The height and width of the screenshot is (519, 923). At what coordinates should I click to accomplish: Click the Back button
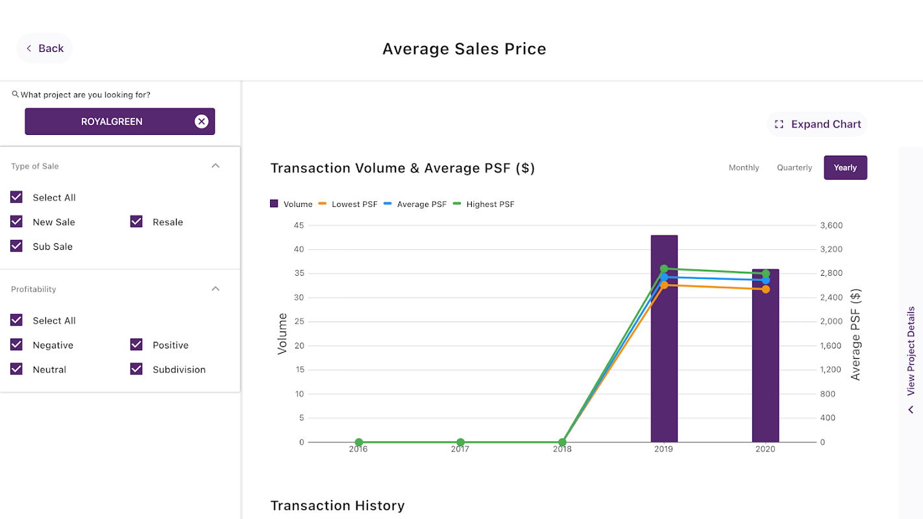[x=44, y=49]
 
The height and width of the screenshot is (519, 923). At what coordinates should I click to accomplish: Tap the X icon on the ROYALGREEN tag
[x=201, y=121]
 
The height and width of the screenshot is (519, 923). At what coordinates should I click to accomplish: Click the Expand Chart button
[x=818, y=124]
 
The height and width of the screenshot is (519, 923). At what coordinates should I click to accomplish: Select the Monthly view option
[x=743, y=167]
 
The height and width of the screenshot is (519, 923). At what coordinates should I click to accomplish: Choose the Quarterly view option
[x=794, y=167]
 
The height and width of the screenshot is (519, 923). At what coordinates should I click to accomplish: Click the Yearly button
[x=845, y=167]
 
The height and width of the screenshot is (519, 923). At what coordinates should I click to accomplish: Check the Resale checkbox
[x=136, y=222]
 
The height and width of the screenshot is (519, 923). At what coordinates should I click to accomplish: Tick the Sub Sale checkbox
[x=17, y=247]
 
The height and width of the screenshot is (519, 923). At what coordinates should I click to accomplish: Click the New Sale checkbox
[x=17, y=222]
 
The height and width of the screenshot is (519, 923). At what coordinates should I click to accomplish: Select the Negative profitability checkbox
[x=17, y=345]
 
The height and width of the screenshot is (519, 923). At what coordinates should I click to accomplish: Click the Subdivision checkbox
[x=136, y=369]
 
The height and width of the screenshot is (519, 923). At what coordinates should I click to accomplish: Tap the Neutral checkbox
[x=17, y=369]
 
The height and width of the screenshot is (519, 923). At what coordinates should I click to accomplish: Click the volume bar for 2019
[x=664, y=363]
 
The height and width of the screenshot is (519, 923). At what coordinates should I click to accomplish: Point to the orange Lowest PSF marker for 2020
[x=766, y=289]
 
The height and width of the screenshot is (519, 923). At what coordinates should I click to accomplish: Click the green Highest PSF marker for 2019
[x=664, y=269]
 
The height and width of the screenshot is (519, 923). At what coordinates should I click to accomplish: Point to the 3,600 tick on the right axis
[x=831, y=226]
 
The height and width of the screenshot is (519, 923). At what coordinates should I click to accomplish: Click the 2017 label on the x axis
[x=460, y=449]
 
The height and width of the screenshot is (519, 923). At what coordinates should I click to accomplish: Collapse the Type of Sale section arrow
[x=215, y=166]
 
